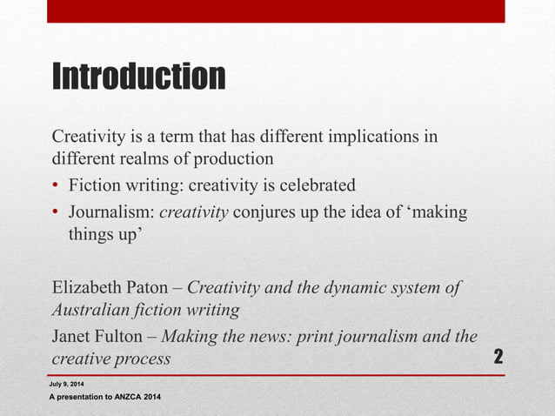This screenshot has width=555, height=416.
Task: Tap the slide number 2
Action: pos(499,357)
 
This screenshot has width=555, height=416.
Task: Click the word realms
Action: pos(149,159)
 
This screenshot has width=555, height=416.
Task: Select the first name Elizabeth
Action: pos(89,288)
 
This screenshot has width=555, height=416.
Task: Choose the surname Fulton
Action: pos(125,337)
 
